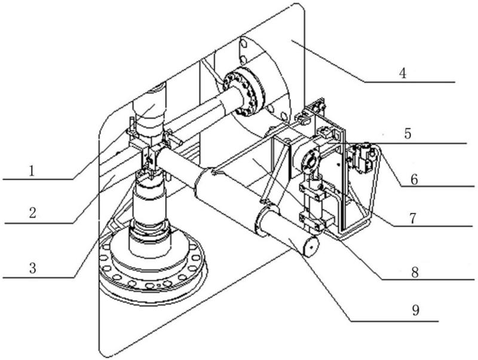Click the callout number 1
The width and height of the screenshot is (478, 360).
pos(32,171)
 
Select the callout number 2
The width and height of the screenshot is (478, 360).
pos(33,213)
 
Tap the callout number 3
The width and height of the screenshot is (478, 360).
pos(33,269)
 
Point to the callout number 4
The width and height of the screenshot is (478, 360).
pos(403,73)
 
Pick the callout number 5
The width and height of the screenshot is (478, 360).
pos(408,134)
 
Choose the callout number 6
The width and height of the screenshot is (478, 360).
pos(414,179)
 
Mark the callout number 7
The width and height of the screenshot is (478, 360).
pos(412,218)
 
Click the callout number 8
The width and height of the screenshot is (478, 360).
pos(415,273)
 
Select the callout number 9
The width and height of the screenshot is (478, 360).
pos(416,310)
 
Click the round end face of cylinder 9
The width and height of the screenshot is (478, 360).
pos(310,246)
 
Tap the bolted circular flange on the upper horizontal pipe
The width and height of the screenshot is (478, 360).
pos(244,93)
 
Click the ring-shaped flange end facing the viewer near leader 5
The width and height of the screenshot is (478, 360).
pos(311,160)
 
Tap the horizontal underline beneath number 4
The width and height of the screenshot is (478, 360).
pos(410,82)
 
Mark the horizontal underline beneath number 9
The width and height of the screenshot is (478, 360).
pos(394,321)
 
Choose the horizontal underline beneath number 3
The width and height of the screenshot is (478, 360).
pos(38,277)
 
